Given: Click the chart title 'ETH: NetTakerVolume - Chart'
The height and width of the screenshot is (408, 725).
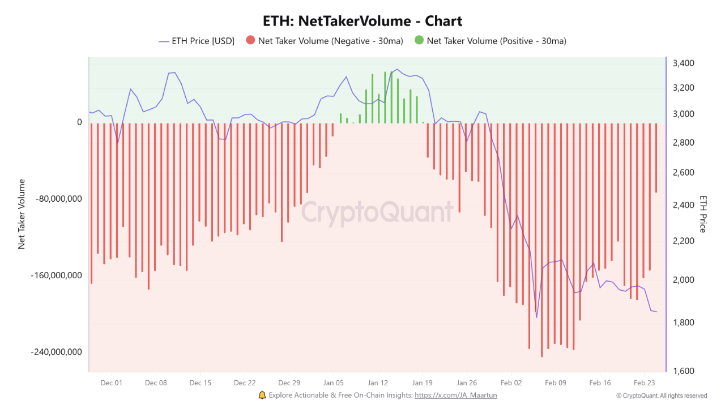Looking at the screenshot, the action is coord(362,22).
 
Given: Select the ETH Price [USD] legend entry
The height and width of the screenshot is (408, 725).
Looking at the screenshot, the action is coord(197,41).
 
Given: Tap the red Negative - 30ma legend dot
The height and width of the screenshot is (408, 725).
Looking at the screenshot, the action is coord(250,40).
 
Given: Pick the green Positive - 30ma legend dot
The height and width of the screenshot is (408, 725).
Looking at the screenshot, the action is coord(419,40).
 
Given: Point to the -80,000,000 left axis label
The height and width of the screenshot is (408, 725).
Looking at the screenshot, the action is coord(58,199).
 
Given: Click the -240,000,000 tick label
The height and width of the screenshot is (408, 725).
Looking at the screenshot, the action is coord(56,352).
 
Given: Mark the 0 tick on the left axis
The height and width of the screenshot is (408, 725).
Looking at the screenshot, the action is coord(79,122).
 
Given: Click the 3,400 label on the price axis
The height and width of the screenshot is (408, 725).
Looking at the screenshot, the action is coord(684,63).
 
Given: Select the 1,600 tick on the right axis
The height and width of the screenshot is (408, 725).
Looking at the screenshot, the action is coord(684,371).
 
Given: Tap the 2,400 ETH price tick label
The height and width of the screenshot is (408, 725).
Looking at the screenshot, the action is coord(684,205).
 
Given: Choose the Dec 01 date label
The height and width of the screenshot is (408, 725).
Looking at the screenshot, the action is coord(112,383).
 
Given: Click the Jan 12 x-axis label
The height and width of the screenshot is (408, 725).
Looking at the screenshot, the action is coord(378,383).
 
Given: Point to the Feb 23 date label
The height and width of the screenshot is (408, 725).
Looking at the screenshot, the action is coord(644,383).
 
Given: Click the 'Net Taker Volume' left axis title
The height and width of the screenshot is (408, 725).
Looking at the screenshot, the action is coord(22,214).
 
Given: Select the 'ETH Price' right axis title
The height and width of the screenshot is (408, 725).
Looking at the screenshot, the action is coord(703,214).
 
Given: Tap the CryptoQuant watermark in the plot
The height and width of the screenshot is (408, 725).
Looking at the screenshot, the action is coord(377,212).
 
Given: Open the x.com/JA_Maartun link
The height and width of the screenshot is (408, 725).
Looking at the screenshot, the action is coord(456,396).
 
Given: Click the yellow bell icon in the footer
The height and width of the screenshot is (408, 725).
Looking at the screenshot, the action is coord(262,395).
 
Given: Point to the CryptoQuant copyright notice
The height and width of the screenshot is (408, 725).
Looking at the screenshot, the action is coord(662,396).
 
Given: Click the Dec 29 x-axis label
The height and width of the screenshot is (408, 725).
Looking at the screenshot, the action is coord(289,383).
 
